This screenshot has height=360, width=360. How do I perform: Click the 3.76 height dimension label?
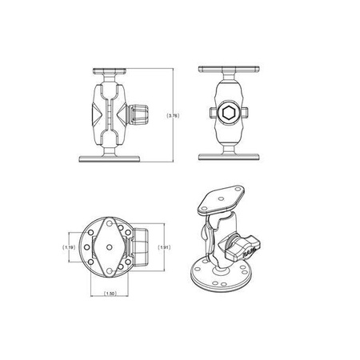(x=173, y=116)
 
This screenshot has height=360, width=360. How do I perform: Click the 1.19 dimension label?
(x=71, y=248)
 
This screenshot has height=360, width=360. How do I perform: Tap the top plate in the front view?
(x=230, y=70)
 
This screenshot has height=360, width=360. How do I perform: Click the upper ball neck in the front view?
(x=230, y=80)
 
